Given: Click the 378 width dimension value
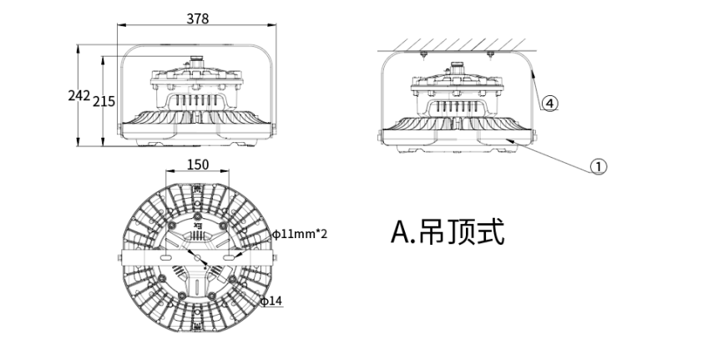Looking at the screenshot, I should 198,18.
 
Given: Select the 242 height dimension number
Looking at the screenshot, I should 78,96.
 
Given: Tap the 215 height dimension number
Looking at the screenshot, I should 104,101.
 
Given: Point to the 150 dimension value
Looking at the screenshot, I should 197,165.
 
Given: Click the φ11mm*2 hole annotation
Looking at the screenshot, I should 299,234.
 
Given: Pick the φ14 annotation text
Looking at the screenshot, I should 272,300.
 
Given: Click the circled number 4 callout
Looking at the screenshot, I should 549,103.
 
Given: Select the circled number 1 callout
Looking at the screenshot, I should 598,165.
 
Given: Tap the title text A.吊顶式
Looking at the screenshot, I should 447,231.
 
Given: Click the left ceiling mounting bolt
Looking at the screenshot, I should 423,55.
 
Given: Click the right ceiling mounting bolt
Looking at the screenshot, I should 490,55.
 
